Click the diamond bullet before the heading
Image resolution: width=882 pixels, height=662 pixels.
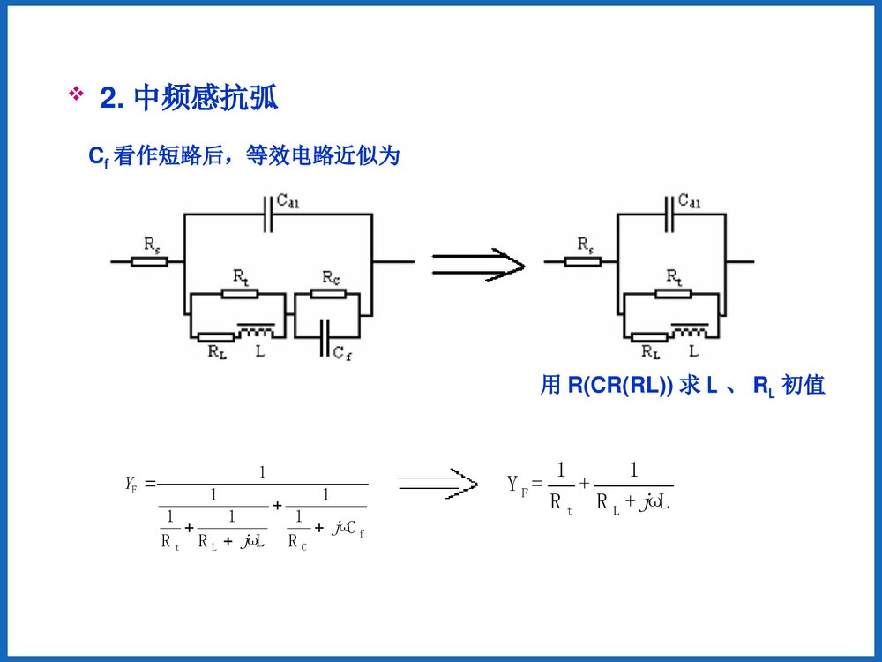tap(76, 94)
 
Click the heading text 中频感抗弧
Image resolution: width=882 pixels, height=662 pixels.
tap(206, 98)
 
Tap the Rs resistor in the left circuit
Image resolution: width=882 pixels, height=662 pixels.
tap(149, 260)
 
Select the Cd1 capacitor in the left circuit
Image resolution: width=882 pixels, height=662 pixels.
tap(267, 213)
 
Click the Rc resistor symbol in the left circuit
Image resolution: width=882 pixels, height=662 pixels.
tap(329, 293)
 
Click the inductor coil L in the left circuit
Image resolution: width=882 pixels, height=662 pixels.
tap(258, 333)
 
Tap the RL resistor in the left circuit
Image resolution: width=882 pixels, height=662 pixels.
tap(215, 337)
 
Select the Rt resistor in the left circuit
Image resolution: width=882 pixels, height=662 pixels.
tap(239, 293)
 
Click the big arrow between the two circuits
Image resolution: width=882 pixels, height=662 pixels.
tap(477, 261)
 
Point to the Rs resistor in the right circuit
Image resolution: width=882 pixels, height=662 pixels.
tap(583, 260)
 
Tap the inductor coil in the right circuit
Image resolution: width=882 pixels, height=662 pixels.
tap(690, 333)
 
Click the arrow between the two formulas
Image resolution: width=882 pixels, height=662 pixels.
tap(437, 483)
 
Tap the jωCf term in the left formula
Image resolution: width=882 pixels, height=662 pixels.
tap(348, 529)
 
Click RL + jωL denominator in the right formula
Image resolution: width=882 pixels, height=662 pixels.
tap(634, 503)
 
